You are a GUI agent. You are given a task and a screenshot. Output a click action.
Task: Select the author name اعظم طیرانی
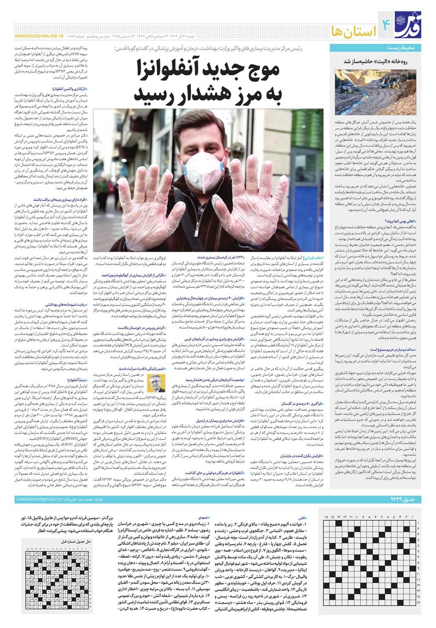(x=314, y=258)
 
